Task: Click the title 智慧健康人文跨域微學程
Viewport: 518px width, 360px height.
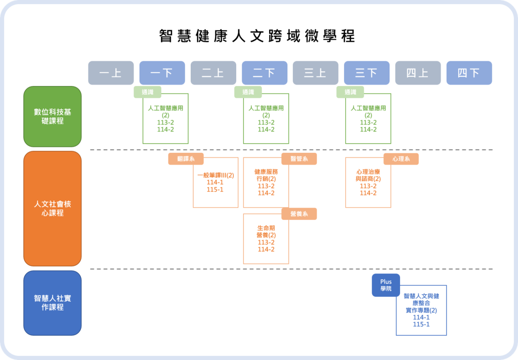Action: click(x=257, y=36)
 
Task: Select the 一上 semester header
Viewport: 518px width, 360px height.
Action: click(x=111, y=73)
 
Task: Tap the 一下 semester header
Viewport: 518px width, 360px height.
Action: click(x=162, y=73)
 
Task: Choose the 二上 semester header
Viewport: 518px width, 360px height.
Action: click(x=213, y=73)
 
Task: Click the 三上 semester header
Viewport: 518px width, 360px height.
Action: click(x=315, y=73)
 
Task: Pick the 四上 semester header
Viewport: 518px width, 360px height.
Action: click(x=417, y=73)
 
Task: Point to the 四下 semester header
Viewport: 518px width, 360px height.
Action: click(x=468, y=73)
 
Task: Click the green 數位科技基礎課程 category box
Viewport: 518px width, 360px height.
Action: click(x=53, y=116)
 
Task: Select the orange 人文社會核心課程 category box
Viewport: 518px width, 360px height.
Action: click(x=53, y=208)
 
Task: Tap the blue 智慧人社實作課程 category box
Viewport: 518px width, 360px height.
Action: click(x=53, y=303)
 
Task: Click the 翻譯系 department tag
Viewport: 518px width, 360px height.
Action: click(x=186, y=159)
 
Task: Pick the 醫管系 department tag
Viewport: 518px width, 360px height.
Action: click(x=299, y=159)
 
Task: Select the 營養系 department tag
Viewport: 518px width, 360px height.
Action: click(x=299, y=214)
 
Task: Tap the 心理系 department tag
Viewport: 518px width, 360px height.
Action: click(x=401, y=159)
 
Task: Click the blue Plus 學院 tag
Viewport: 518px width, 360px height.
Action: click(x=385, y=285)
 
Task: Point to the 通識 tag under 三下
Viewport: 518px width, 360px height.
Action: click(x=350, y=92)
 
